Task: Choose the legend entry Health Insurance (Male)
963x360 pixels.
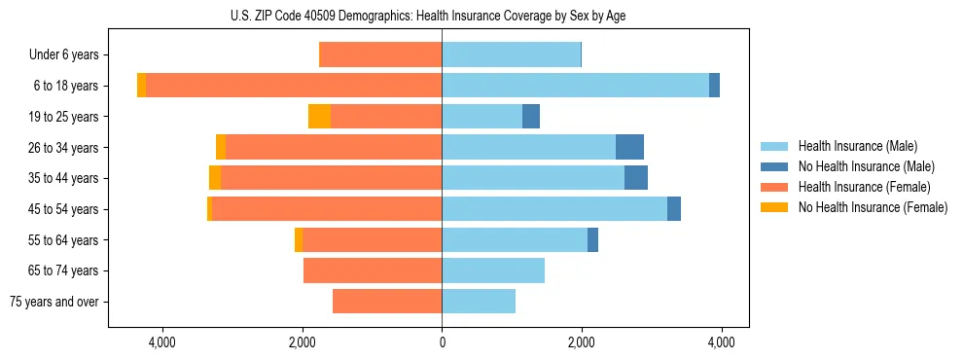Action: [857, 146]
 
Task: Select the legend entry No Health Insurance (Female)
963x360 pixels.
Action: [873, 207]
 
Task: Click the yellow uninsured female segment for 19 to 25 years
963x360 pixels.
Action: [319, 117]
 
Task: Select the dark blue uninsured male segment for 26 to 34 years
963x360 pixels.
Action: [629, 147]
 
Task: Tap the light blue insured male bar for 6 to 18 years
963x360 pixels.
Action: [575, 86]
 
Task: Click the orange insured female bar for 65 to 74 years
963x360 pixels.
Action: [373, 270]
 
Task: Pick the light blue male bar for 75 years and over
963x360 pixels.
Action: [479, 302]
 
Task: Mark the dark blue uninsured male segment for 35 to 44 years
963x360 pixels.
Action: [636, 178]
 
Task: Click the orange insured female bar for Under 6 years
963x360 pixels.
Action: [380, 55]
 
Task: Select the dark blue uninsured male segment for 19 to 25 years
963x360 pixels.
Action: [531, 117]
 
